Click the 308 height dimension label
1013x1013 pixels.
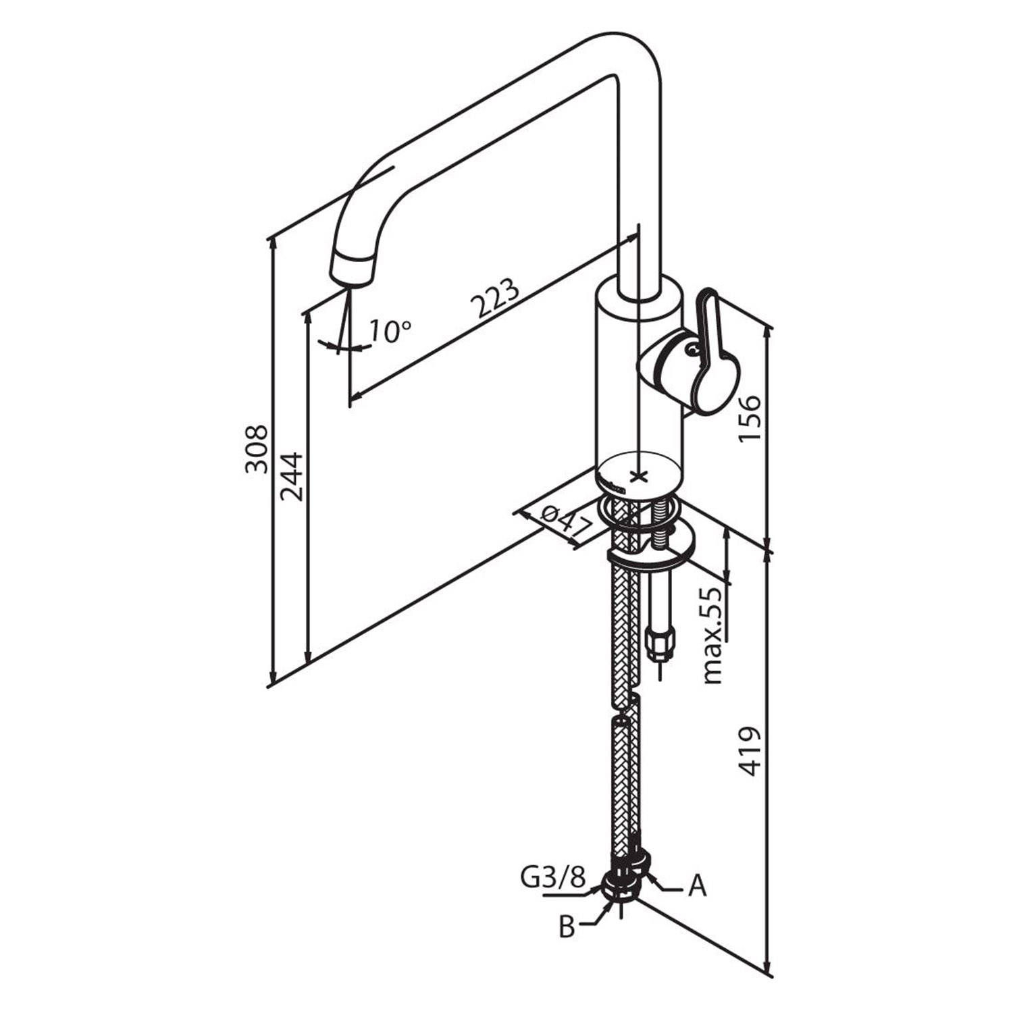click(257, 449)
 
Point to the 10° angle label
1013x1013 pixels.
click(390, 331)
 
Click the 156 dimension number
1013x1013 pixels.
click(750, 418)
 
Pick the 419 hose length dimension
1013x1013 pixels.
click(750, 751)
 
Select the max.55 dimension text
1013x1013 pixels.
click(712, 635)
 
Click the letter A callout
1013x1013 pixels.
click(697, 886)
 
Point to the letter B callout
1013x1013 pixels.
click(567, 927)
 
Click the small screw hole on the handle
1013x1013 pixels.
click(691, 350)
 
